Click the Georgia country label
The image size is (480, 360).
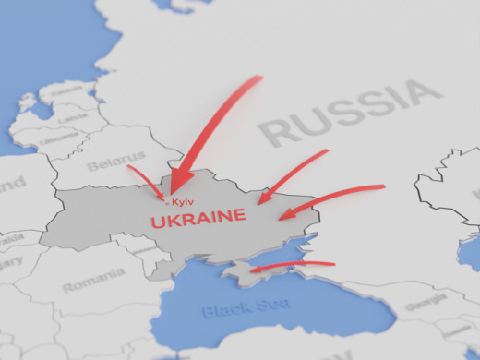[x=426, y=299]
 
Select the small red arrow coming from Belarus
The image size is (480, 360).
[x=146, y=181]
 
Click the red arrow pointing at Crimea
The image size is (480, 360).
[x=291, y=266]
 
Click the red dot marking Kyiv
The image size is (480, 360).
[x=170, y=199]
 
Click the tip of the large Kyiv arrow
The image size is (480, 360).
[x=173, y=194]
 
